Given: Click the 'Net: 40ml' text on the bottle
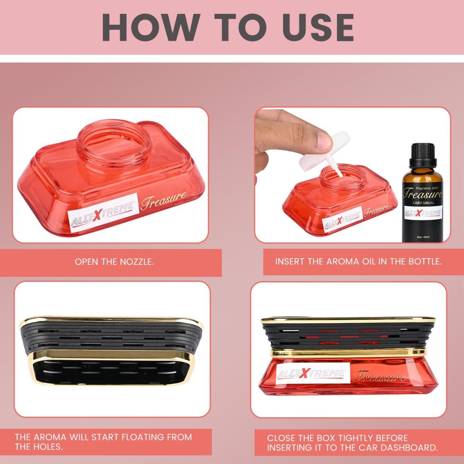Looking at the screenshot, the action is (x=423, y=237).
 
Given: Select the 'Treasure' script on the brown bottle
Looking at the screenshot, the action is (x=423, y=194).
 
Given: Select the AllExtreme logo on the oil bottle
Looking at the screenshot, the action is (x=423, y=213).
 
